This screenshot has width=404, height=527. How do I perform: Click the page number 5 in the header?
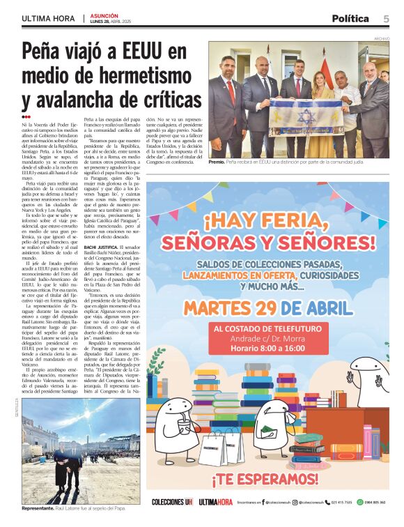(385, 19)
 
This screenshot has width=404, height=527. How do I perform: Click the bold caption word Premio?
(217, 162)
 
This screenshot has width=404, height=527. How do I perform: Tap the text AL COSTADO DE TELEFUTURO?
(267, 328)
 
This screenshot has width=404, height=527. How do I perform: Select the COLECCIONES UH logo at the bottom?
(172, 502)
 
